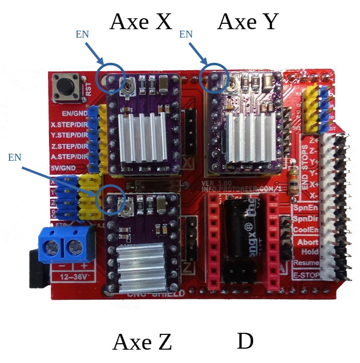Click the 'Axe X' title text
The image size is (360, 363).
point(141,21)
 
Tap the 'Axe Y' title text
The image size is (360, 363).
point(248,21)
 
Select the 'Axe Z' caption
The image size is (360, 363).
point(142,342)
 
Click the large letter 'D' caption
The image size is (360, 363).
point(245,341)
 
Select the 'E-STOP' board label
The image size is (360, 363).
point(305,274)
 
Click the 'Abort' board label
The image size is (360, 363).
point(307,242)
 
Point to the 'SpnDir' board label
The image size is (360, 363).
point(305,218)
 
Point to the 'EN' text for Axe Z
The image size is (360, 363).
point(15,157)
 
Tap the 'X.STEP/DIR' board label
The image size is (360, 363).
point(69,124)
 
